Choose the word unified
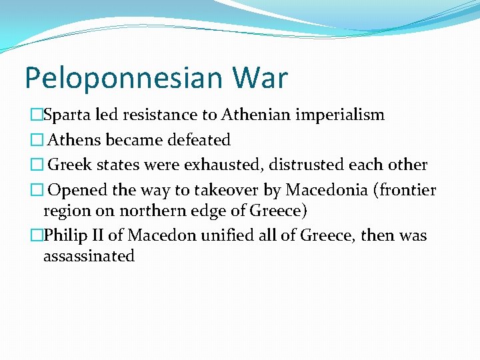coord(228,235)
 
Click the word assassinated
coord(89,256)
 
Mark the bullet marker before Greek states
coord(37,165)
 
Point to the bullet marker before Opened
coord(37,190)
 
